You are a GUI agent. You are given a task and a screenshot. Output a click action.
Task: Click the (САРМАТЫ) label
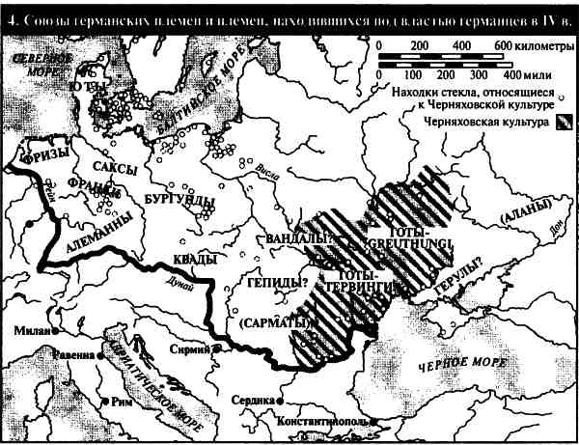[x=268, y=323]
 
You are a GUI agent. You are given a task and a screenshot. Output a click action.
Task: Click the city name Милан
[x=29, y=330]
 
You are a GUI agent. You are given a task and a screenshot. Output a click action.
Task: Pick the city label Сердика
[x=255, y=399]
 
